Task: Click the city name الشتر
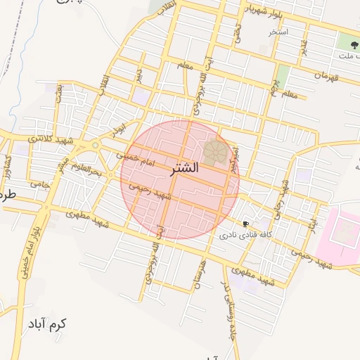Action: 185,169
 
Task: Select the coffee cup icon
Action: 245,223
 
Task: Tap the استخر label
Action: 279,32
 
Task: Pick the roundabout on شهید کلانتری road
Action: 95,145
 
